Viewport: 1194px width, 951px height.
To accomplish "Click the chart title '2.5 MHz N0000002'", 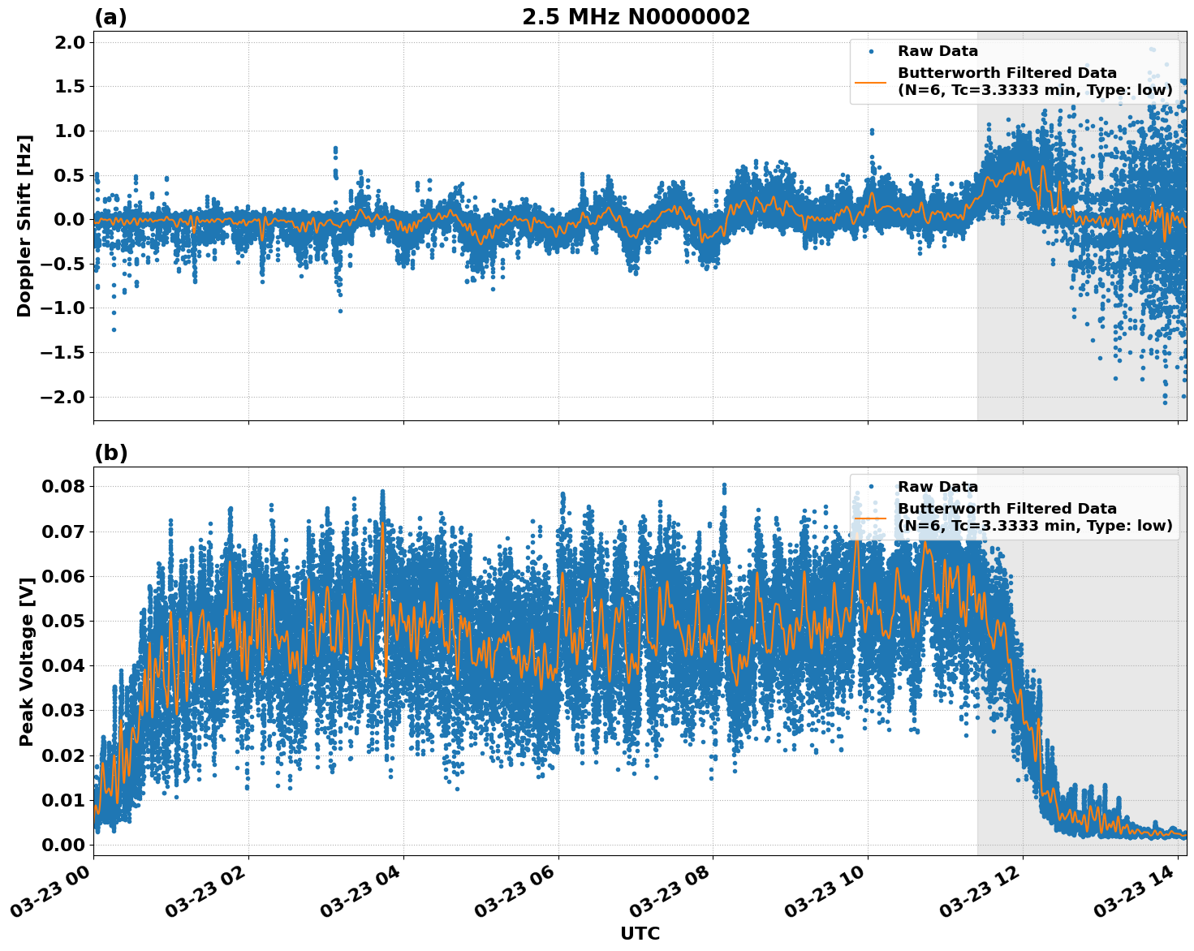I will pos(636,17).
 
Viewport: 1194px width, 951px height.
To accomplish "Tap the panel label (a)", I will pos(110,17).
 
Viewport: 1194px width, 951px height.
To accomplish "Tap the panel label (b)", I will pos(110,453).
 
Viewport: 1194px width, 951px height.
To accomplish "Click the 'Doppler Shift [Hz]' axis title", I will pos(24,226).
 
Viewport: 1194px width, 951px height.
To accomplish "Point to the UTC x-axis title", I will pos(640,933).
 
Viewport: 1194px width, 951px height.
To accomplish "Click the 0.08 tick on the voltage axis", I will pos(63,487).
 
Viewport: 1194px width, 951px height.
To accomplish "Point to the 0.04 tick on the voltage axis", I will pos(63,666).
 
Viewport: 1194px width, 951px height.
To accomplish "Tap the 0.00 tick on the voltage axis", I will pos(63,845).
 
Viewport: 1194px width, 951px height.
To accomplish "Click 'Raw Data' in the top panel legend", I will pos(938,51).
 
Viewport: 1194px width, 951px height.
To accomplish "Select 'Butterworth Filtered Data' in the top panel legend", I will pos(1006,73).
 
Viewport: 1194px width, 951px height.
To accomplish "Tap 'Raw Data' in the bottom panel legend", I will pos(938,487).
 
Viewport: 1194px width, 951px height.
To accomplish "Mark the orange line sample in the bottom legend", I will pos(871,517).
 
